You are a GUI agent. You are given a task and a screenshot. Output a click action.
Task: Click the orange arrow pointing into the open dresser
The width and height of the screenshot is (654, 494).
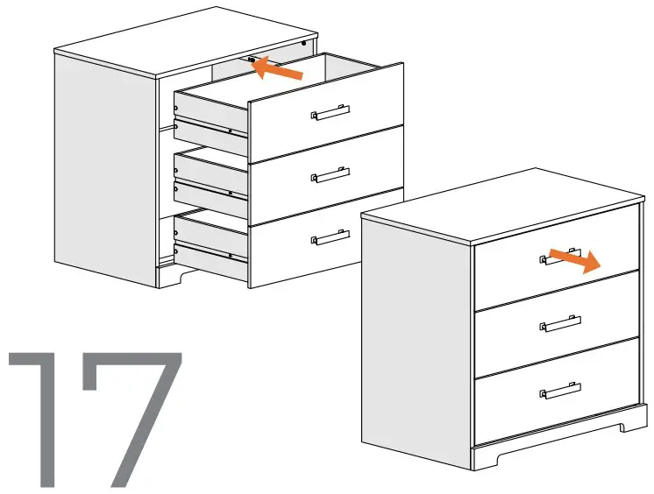click(279, 70)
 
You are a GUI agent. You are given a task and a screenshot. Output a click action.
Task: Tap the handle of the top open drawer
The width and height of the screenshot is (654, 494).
click(331, 113)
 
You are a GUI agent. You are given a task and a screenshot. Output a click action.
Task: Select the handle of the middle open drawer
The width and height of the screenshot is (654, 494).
click(331, 175)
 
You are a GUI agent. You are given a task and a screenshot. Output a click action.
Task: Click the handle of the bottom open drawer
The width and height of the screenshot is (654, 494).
click(331, 236)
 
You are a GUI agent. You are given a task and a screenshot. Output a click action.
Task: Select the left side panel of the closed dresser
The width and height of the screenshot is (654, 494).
click(416, 333)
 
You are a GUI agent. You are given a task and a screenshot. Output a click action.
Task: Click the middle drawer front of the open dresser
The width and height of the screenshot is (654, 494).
click(324, 180)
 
